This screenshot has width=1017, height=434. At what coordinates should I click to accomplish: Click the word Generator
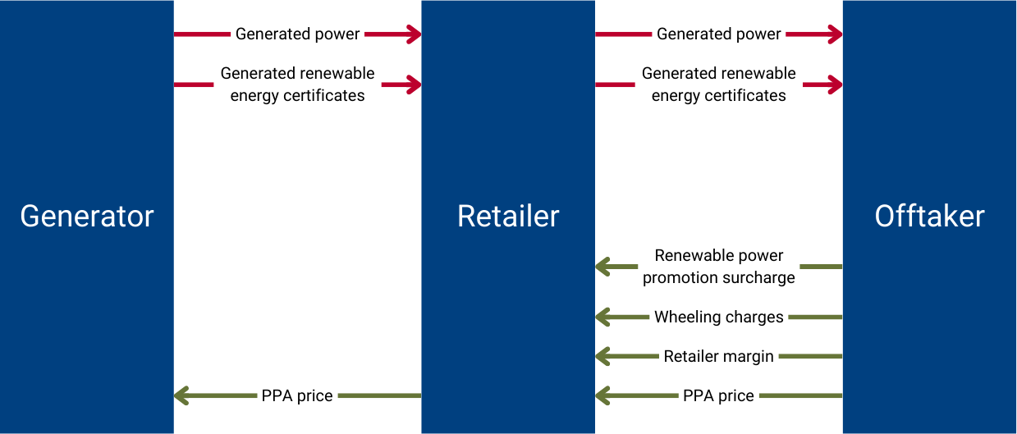coord(87,217)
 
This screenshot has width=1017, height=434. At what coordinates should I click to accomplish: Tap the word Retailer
coord(508,217)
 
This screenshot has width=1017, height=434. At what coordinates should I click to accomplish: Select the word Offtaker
coord(929,217)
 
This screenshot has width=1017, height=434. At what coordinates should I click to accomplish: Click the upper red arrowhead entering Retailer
coord(413,34)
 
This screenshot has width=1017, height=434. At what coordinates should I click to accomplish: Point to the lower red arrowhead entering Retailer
coord(413,85)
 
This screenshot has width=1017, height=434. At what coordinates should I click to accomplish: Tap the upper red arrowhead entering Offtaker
coord(834,34)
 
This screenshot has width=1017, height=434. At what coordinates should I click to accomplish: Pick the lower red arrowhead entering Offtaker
coord(834,85)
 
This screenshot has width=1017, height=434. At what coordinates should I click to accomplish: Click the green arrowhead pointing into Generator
coord(182,396)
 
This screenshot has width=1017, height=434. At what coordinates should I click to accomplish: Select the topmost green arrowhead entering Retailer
coord(603,267)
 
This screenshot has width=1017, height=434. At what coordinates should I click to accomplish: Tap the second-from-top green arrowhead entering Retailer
coord(603,317)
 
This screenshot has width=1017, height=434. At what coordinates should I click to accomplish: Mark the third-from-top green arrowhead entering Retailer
coord(603,356)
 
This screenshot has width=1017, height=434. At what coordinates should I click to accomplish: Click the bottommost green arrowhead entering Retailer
coord(603,396)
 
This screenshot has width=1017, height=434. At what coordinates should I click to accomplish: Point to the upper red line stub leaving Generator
coord(203,34)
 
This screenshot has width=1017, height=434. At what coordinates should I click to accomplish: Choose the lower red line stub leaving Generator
coord(195,85)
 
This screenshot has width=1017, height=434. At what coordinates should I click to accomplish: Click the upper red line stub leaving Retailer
coord(624,34)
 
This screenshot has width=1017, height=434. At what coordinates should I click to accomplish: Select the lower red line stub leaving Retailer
coord(616,85)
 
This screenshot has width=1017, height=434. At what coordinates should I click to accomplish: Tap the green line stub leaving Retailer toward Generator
coord(379,396)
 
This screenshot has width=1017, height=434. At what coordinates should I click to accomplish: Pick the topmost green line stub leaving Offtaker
coord(821,267)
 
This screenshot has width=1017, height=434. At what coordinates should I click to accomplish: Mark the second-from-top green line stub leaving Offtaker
coord(815,317)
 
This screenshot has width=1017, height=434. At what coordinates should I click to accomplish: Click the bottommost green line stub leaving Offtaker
coord(800,396)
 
